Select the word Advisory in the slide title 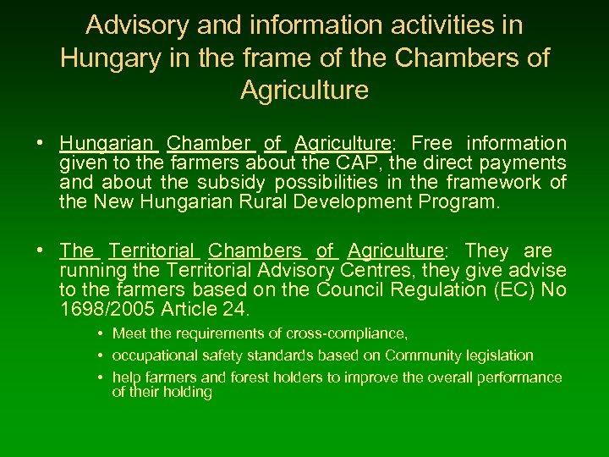137,25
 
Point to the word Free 431,144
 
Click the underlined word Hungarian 108,144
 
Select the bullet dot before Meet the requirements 101,333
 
